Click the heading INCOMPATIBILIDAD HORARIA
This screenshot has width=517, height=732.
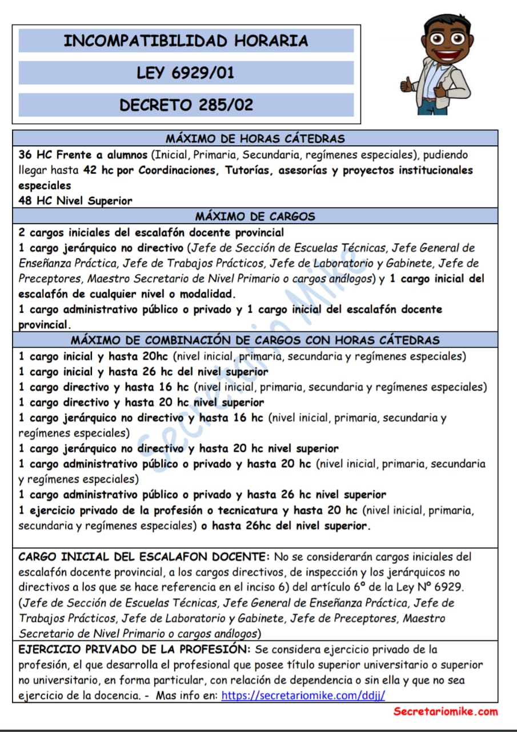(186, 41)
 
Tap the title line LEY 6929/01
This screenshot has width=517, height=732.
(186, 73)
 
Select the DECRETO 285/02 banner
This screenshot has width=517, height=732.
(186, 105)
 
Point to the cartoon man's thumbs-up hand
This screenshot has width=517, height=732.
(407, 86)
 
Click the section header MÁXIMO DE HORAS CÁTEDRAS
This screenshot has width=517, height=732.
(255, 138)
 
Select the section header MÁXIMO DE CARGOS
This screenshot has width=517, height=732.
(255, 217)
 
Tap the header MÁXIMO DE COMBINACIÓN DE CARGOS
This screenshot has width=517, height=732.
(255, 340)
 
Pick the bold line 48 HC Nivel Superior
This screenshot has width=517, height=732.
(75, 201)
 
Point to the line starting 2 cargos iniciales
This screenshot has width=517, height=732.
(151, 233)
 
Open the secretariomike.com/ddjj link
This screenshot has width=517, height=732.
(303, 695)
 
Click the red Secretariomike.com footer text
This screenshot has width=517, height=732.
(445, 712)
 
